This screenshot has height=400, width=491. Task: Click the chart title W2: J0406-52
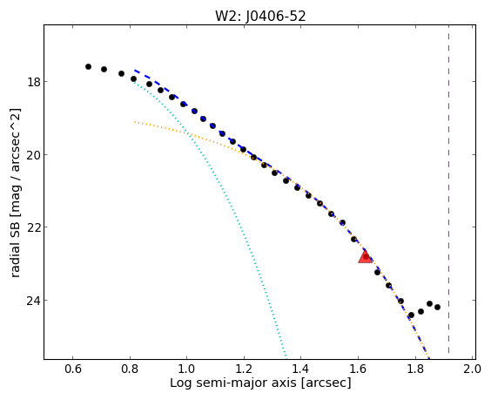[x=260, y=16]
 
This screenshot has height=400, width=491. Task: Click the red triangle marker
[x=365, y=256]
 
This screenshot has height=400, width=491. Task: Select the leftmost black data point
[x=88, y=66]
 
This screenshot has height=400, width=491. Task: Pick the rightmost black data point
[x=437, y=308]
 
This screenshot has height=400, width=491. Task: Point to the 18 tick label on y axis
[x=33, y=82]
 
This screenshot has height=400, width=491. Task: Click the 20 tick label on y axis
[x=33, y=155]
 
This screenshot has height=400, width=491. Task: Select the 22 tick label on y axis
[x=33, y=227]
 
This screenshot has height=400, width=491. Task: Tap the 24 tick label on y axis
[x=33, y=301]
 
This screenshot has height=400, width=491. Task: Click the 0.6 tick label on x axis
[x=72, y=369]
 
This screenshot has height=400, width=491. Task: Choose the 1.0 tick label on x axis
[x=186, y=369]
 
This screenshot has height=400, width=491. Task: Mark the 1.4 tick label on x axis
[x=300, y=369]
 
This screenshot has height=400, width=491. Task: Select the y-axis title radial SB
[x=16, y=248]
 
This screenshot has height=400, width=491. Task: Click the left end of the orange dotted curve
[x=135, y=122]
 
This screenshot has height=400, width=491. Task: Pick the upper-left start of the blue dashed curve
[x=135, y=71]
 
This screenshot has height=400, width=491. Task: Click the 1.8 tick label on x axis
[x=415, y=369]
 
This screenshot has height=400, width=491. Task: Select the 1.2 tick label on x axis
[x=244, y=369]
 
